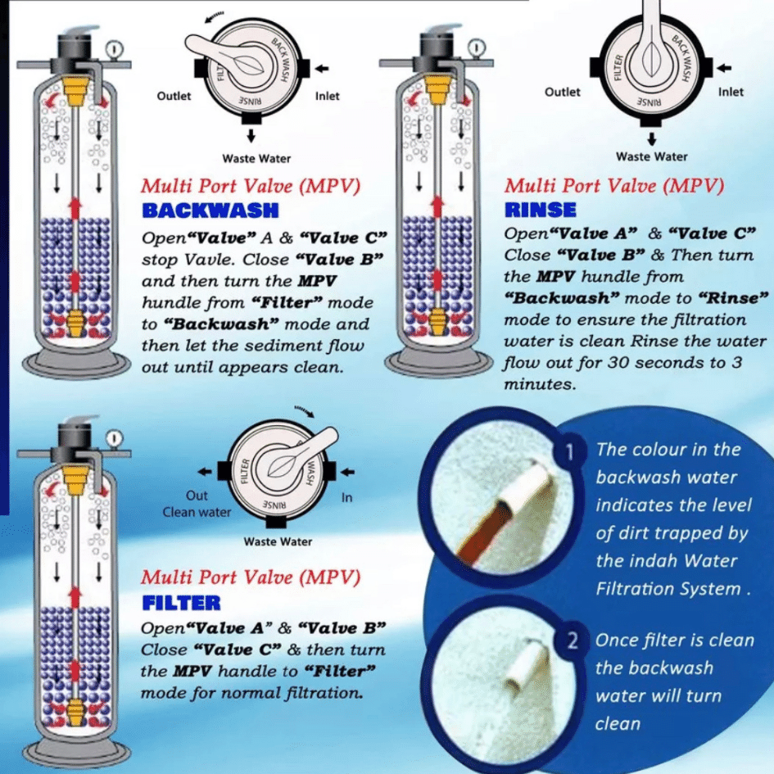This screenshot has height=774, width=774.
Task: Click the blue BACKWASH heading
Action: pos(210,210)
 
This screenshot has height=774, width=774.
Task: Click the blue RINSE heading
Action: pos(541,210)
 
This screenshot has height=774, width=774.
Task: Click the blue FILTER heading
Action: pos(181,603)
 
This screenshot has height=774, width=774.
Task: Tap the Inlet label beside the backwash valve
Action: pos(327,96)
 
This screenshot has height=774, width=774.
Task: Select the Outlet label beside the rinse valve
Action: pos(562,92)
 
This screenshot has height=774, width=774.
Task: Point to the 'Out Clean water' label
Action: pos(197,504)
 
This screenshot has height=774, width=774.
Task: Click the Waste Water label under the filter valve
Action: pos(278,541)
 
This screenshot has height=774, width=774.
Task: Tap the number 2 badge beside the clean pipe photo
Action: pos(574,640)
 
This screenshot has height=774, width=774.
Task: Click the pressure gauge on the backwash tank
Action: pos(114,48)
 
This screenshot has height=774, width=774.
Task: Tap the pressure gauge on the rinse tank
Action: pos(473,48)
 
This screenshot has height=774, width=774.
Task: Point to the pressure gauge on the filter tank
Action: pos(114,437)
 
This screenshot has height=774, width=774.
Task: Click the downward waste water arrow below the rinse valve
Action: pos(651,137)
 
